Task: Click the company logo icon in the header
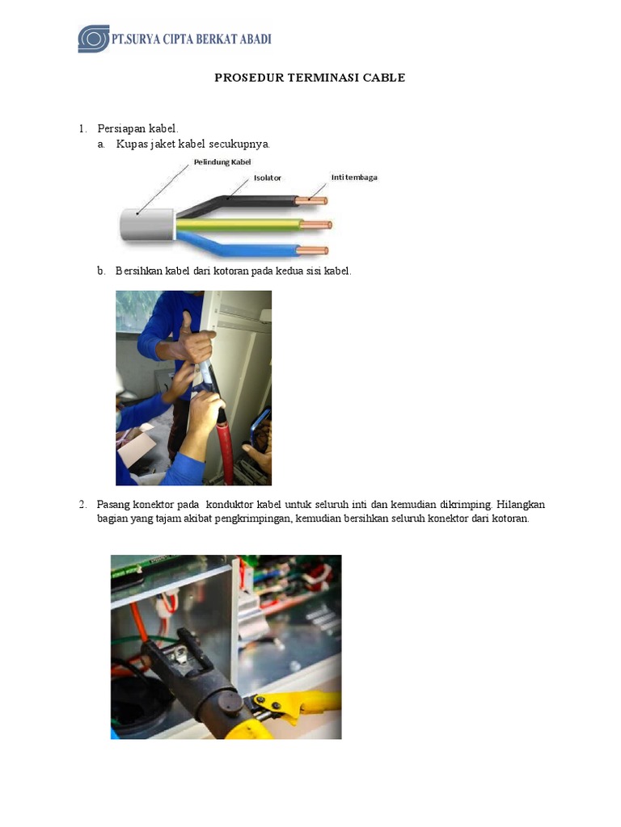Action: click(x=93, y=39)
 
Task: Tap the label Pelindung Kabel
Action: click(x=222, y=162)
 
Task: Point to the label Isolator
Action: click(x=268, y=178)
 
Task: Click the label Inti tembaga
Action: click(x=354, y=177)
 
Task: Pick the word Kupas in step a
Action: click(x=130, y=144)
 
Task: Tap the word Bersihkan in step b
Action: click(x=139, y=271)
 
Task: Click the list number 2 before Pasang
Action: click(x=82, y=504)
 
